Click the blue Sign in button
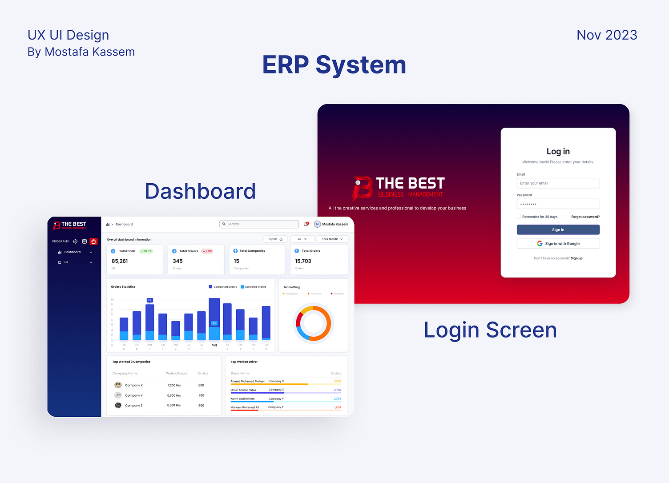point(558,229)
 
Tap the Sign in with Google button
point(558,244)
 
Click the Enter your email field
point(558,183)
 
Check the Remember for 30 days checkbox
point(519,217)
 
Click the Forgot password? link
point(585,217)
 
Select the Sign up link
point(576,258)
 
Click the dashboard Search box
point(259,224)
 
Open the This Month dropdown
point(332,239)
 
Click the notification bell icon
point(306,224)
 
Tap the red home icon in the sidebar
point(93,241)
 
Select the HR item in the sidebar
point(66,262)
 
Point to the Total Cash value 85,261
point(120,261)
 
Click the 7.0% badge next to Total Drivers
point(207,251)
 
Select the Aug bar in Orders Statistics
point(214,319)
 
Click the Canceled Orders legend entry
point(253,287)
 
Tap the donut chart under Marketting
point(313,323)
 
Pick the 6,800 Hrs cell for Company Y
point(174,395)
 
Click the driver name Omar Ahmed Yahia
point(243,390)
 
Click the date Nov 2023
point(607,35)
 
